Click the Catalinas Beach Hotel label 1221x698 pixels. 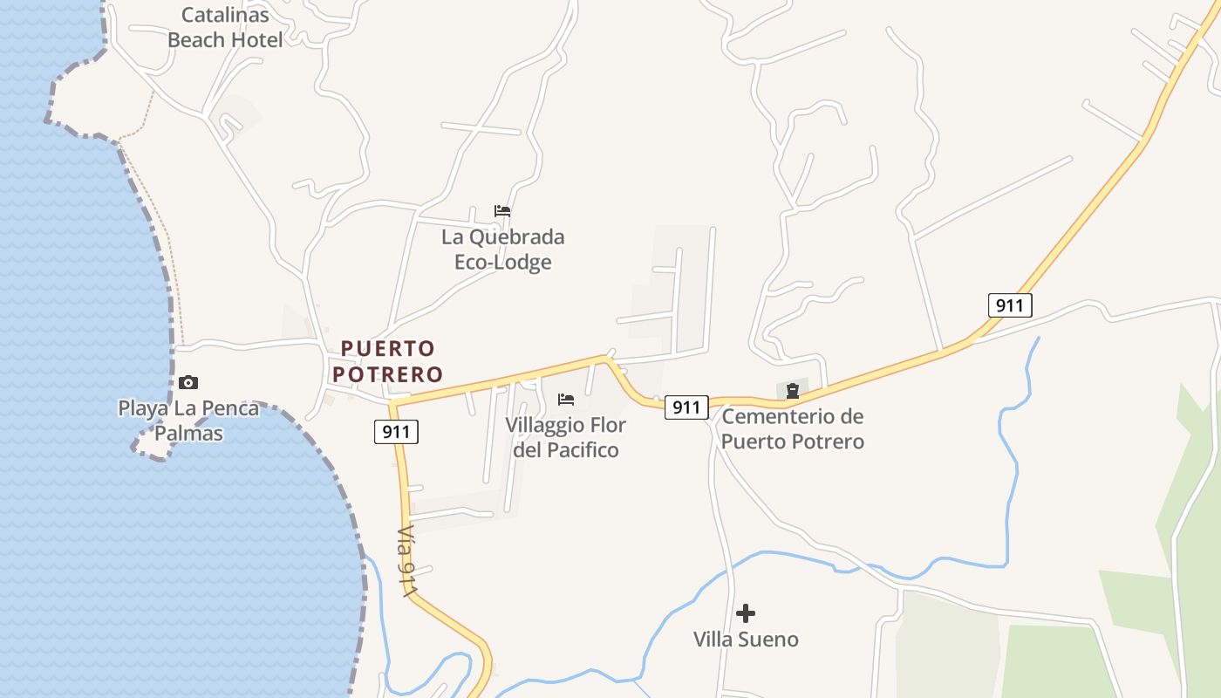(x=225, y=27)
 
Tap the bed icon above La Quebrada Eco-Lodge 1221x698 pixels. (x=502, y=211)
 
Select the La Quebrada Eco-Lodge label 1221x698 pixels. (x=502, y=250)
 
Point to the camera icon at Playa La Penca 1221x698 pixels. (x=188, y=382)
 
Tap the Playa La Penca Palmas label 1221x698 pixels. (x=188, y=421)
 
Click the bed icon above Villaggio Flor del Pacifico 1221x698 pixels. (x=566, y=400)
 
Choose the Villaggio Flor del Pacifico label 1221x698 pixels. (x=565, y=438)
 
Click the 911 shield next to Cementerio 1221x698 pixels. (x=686, y=407)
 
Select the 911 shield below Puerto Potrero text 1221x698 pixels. (x=396, y=431)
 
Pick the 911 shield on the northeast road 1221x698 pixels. (x=1010, y=305)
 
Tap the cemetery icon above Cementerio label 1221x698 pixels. (x=792, y=391)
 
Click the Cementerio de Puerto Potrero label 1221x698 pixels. (x=792, y=429)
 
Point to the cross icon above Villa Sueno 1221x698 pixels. (x=746, y=612)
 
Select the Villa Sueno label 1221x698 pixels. (x=746, y=640)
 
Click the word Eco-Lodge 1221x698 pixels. (x=502, y=263)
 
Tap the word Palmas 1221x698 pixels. (x=188, y=434)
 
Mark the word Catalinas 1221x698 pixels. (x=225, y=14)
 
